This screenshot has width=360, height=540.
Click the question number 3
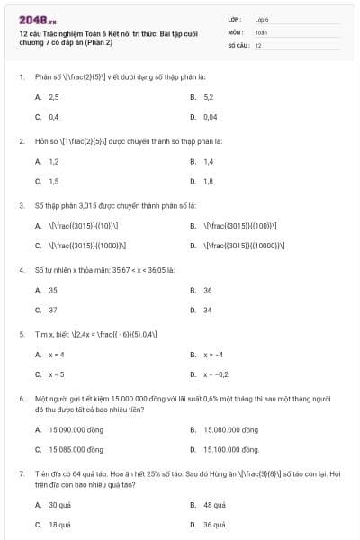pos(21,205)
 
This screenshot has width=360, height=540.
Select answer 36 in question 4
pos(208,291)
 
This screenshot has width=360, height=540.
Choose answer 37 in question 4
pos(53,310)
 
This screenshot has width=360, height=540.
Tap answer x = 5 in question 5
pos(57,374)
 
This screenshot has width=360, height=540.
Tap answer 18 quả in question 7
pos(59,525)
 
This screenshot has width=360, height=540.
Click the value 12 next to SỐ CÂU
pos(258,44)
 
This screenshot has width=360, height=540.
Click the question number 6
pos(21,398)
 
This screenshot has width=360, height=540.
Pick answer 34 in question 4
pos(208,310)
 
